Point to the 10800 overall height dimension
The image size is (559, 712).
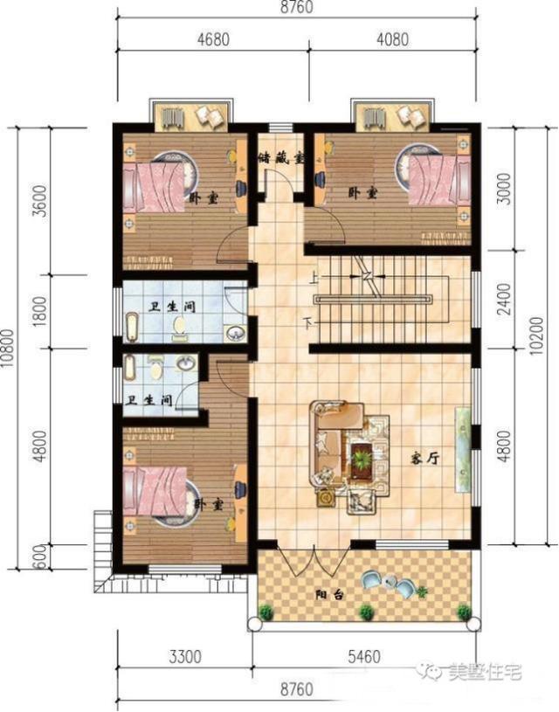10,350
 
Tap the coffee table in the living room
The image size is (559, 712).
360,460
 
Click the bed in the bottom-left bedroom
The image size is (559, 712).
157,494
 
